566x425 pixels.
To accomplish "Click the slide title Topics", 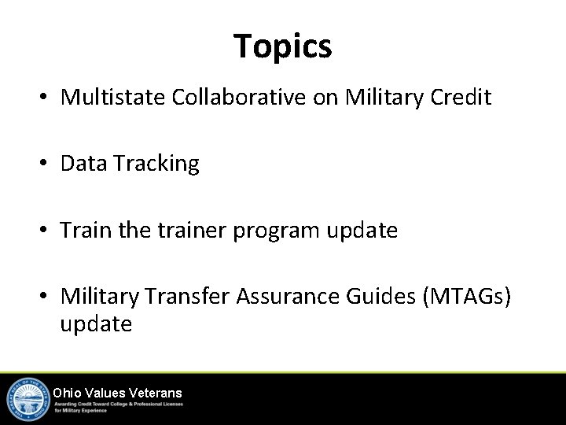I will (x=283, y=46).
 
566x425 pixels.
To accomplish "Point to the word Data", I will (x=83, y=164).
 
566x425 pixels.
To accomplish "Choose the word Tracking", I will (x=156, y=164).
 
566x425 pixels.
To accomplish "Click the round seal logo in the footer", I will (x=28, y=399).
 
